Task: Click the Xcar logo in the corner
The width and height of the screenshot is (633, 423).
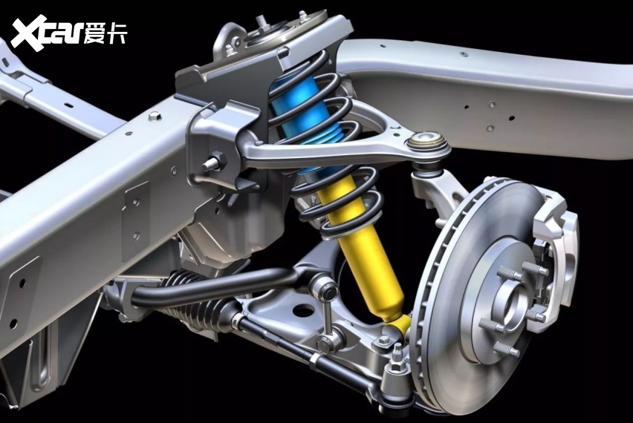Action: pyautogui.click(x=69, y=33)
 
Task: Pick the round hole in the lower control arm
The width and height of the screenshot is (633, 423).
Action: pyautogui.click(x=304, y=311)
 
